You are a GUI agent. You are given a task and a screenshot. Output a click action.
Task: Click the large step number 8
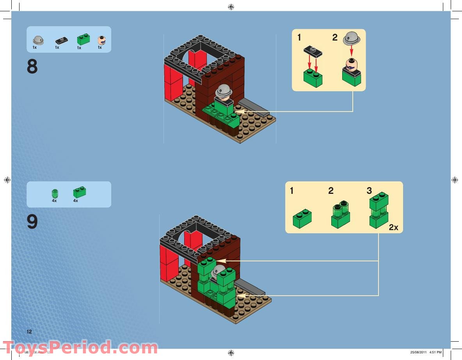pyautogui.click(x=32, y=67)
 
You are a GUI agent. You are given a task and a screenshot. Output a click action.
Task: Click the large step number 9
pyautogui.click(x=32, y=222)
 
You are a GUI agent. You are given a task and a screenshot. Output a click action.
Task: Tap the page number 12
pyautogui.click(x=29, y=332)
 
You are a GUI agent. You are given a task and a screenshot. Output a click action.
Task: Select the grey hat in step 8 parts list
pyautogui.click(x=38, y=40)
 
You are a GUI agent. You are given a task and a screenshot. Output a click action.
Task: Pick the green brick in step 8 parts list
pyautogui.click(x=84, y=39)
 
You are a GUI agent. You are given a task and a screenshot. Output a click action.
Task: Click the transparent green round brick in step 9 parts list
pyautogui.click(x=55, y=193)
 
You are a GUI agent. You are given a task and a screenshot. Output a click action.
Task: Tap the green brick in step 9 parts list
pyautogui.click(x=79, y=192)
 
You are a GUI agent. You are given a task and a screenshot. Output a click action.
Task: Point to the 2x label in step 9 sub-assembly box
pyautogui.click(x=393, y=227)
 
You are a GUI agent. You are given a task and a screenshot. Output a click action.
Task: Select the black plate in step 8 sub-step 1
pyautogui.click(x=313, y=50)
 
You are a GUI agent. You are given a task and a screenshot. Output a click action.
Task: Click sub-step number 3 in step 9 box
pyautogui.click(x=369, y=191)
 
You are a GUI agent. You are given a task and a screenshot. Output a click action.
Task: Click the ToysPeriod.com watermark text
pyautogui.click(x=80, y=347)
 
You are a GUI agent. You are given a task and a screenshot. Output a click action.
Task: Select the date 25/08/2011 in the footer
pyautogui.click(x=419, y=352)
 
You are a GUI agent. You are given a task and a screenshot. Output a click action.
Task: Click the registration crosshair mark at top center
pyautogui.click(x=231, y=7)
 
